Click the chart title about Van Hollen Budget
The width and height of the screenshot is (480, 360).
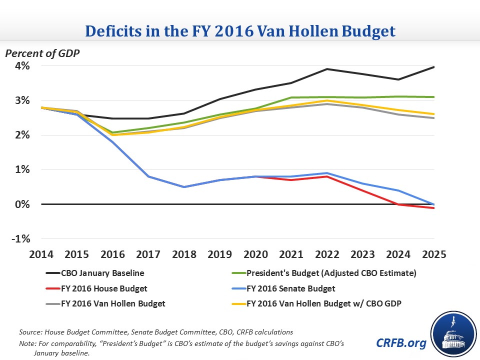tap(240, 31)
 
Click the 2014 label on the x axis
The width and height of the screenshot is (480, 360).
tap(41, 254)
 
